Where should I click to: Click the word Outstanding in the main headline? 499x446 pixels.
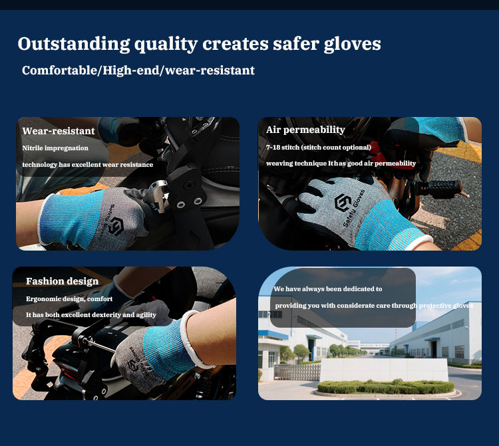pos(73,45)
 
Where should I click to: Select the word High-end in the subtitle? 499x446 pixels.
pos(129,70)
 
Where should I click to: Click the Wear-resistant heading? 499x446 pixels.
pos(59,131)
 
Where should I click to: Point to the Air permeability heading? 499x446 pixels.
pos(305,130)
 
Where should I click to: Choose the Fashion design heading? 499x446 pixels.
pos(62,281)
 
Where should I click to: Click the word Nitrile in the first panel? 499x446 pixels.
pos(33,148)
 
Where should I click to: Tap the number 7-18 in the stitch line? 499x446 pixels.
pos(274,147)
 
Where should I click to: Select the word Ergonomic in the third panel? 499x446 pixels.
pos(44,298)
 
